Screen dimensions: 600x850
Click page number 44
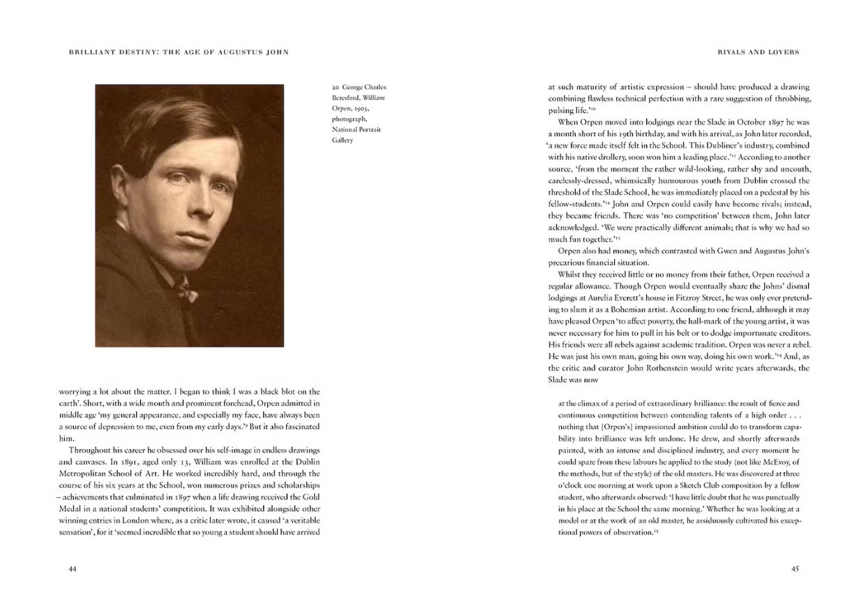(72, 569)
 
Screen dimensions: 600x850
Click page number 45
(795, 569)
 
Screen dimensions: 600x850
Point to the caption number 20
(336, 88)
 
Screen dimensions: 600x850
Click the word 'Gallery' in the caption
(343, 140)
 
